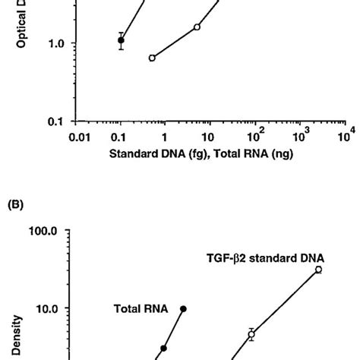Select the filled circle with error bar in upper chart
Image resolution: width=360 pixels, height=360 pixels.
point(121,40)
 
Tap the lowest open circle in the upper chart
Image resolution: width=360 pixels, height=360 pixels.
point(152,58)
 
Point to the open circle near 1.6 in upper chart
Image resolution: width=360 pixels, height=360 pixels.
point(197,27)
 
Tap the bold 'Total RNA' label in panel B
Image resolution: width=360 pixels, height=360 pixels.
point(131,309)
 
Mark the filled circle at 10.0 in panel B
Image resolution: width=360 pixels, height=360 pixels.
point(183,308)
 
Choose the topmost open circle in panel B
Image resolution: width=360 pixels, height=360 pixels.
point(318,270)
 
